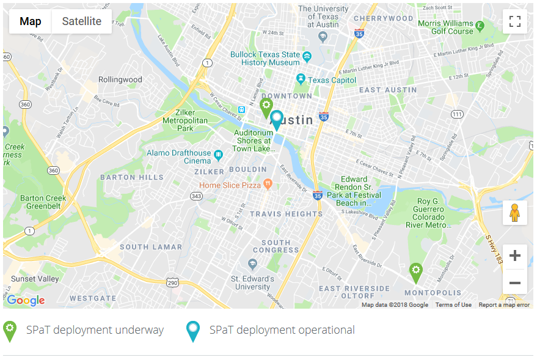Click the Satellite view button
[81, 21]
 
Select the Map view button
[31, 21]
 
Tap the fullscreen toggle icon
[514, 21]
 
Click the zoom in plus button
[514, 256]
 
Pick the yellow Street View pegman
[514, 212]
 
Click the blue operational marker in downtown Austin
[277, 120]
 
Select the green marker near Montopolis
[415, 273]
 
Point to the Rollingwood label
[120, 79]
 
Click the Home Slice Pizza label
[230, 185]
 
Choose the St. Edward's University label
[252, 282]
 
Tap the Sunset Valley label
[35, 279]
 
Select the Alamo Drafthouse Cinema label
[179, 156]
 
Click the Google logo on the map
[26, 300]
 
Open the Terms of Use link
[453, 305]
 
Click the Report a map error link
[504, 305]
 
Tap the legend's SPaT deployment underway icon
[10, 331]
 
